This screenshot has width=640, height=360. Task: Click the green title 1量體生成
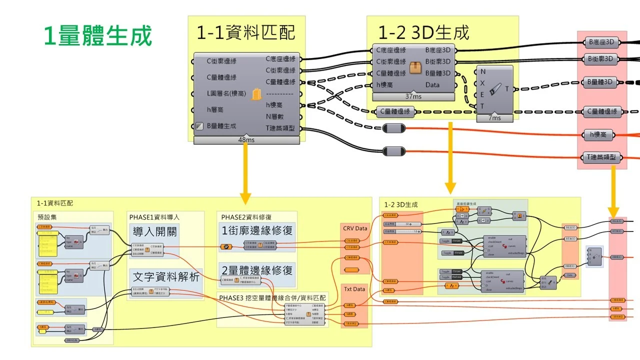[x=98, y=36]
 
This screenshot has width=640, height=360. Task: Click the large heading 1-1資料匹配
[x=245, y=32]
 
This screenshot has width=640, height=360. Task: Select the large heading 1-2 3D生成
[x=423, y=32]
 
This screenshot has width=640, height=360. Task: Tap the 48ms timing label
[x=246, y=140]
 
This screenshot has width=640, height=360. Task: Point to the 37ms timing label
[x=413, y=96]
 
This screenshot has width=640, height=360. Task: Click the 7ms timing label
[x=494, y=118]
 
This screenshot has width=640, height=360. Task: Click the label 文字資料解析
[x=165, y=275]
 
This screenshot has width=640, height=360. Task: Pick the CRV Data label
[x=355, y=228]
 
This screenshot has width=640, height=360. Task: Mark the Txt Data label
[x=354, y=289]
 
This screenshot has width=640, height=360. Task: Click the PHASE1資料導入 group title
[x=154, y=217]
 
